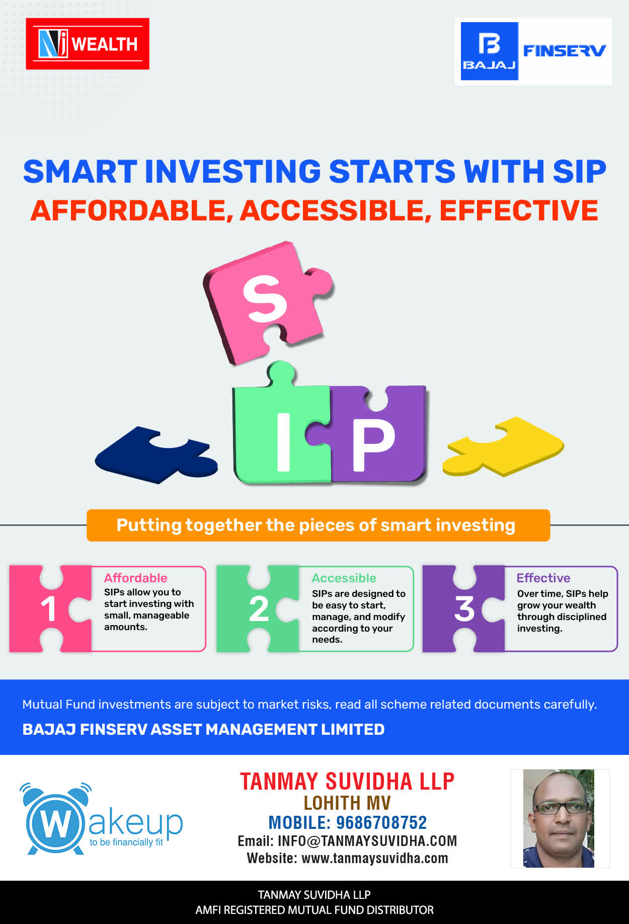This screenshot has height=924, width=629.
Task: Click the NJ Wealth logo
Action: (88, 44)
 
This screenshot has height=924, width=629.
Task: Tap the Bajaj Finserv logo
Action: (533, 51)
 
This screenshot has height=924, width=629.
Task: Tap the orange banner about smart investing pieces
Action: (318, 525)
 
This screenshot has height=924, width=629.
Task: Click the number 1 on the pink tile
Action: (49, 609)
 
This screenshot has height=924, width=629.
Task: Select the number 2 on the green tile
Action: (259, 609)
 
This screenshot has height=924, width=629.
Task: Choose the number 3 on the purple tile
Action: (464, 609)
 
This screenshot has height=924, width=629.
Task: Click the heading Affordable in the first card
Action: (135, 578)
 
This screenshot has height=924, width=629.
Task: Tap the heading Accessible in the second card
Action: (344, 578)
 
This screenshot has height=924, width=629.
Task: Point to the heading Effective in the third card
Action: (543, 578)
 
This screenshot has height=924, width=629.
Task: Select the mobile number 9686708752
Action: (381, 822)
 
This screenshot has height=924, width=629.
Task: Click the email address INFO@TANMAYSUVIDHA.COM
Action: (367, 841)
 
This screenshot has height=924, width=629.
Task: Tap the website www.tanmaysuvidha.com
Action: (375, 858)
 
